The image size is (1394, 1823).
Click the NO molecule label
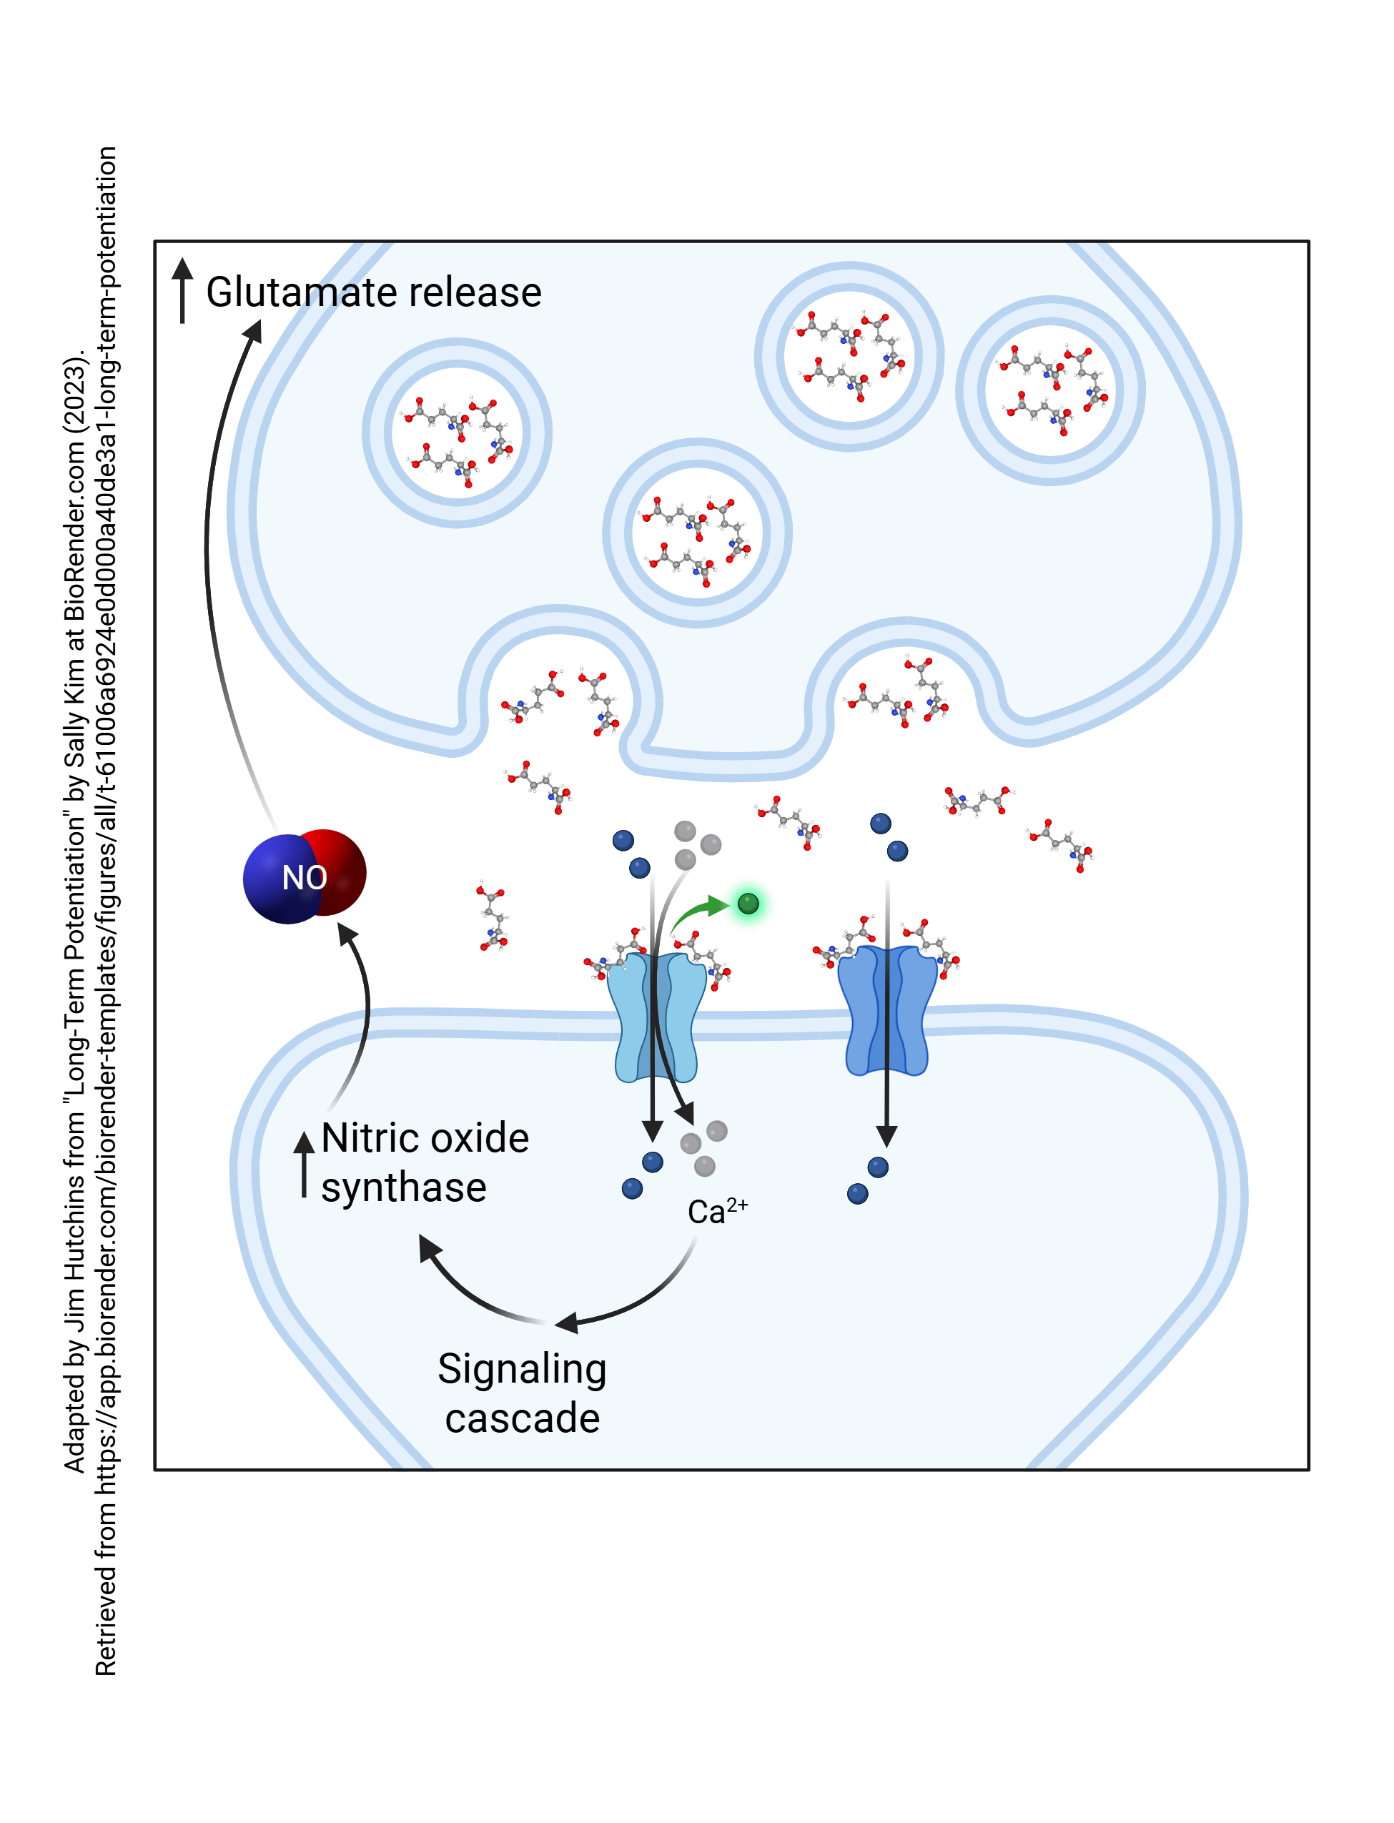click(x=305, y=878)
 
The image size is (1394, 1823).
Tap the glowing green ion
click(x=748, y=904)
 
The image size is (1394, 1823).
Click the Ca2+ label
click(x=718, y=1212)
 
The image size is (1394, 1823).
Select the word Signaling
click(x=522, y=1370)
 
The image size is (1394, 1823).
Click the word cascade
click(x=522, y=1419)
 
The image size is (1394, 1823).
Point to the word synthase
click(x=404, y=1188)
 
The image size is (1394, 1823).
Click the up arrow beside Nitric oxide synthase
click(x=304, y=1162)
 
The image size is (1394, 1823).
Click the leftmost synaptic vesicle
click(x=458, y=433)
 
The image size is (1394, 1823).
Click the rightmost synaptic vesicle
click(x=1050, y=390)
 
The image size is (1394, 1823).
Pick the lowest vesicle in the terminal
click(x=697, y=533)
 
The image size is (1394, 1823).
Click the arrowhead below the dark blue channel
click(x=887, y=1135)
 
